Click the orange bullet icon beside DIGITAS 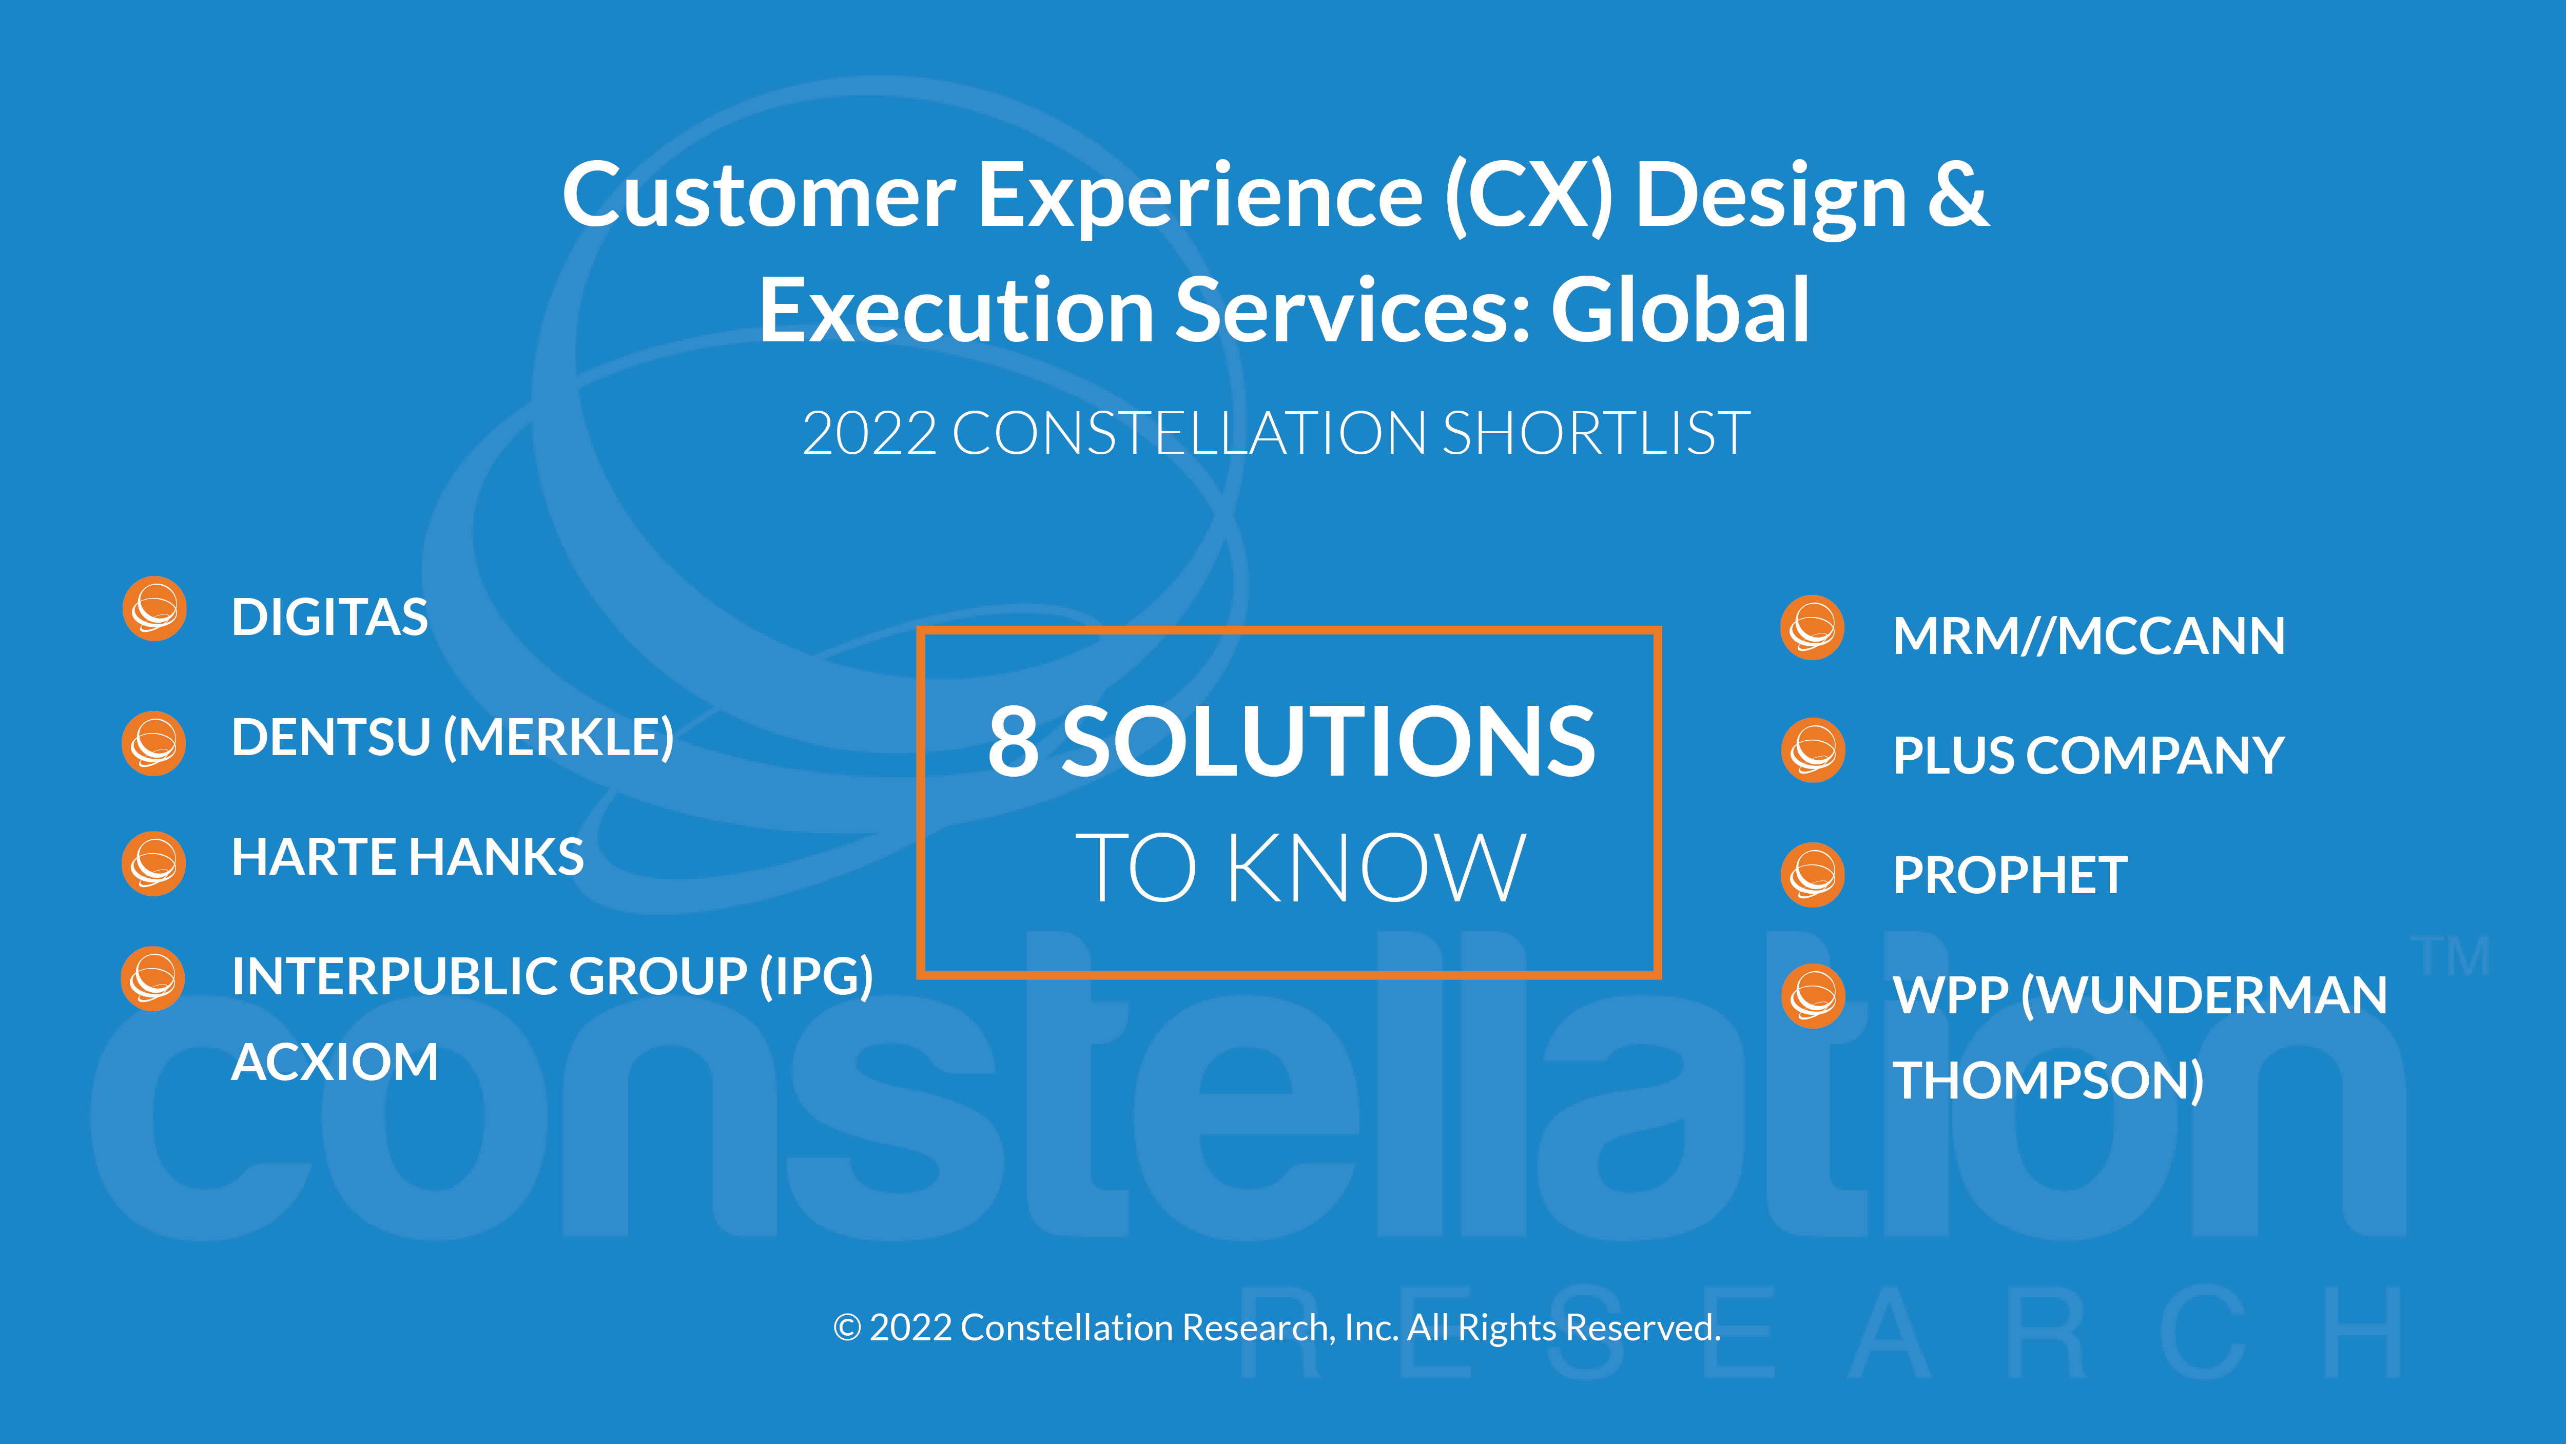(x=154, y=609)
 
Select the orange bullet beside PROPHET (x=1813, y=875)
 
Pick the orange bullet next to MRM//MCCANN (x=1813, y=628)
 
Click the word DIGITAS (x=329, y=618)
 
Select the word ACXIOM (x=335, y=1062)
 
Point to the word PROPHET (x=2010, y=876)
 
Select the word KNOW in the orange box (x=1376, y=868)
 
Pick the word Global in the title (x=1680, y=311)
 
